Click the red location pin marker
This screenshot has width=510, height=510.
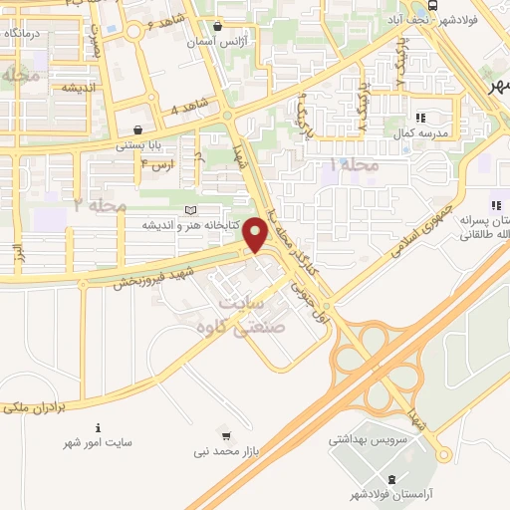point(256,235)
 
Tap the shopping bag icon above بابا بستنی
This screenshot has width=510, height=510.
point(136,128)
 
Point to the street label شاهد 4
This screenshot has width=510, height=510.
point(191,106)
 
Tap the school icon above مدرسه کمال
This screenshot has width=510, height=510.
point(419,116)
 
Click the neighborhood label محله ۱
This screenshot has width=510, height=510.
point(355,163)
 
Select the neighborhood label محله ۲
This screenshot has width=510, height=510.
point(101,205)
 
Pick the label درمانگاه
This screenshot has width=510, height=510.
point(24,34)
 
